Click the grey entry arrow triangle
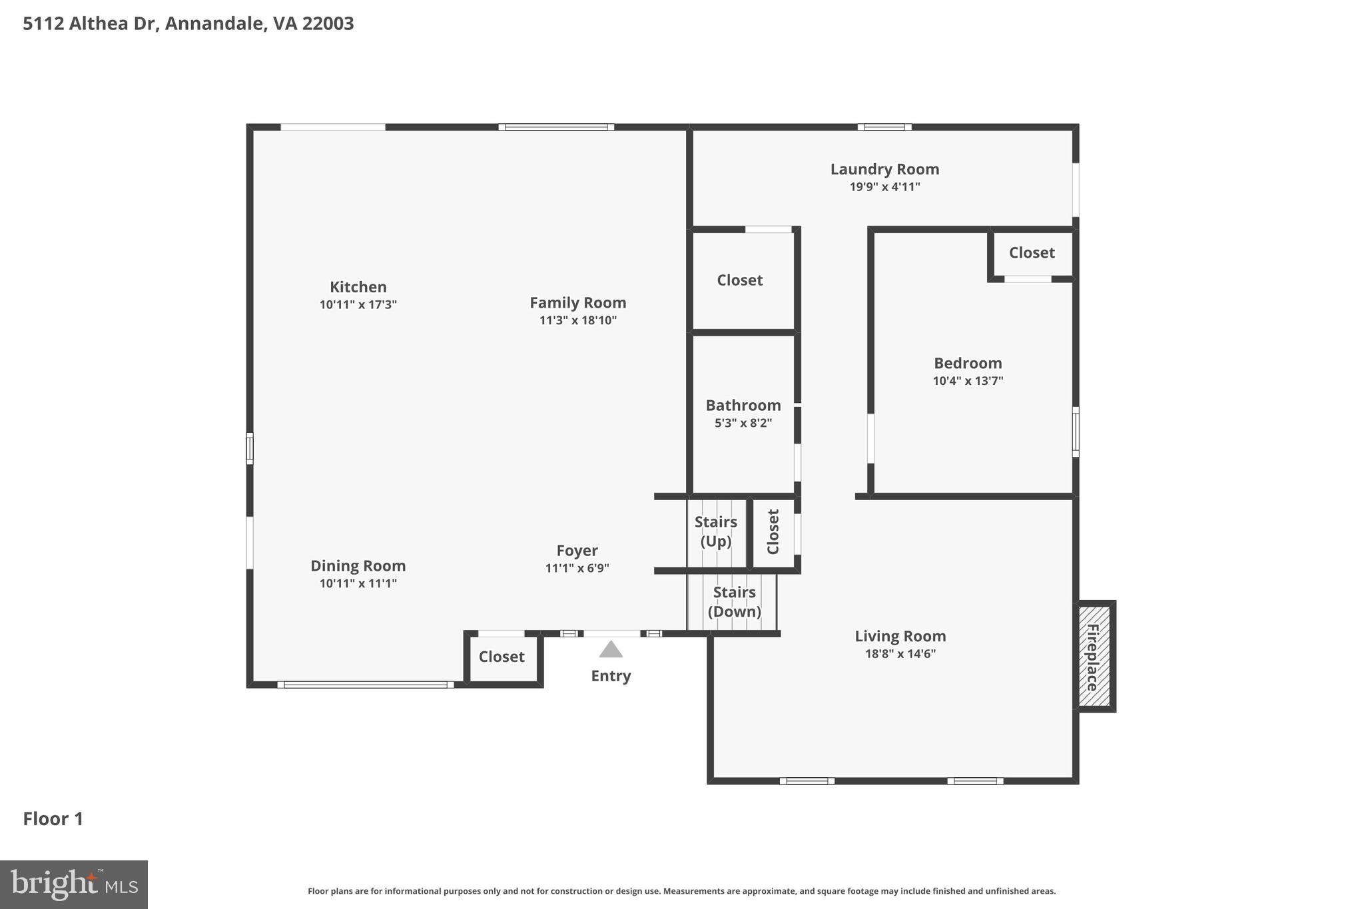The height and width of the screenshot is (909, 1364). point(611,649)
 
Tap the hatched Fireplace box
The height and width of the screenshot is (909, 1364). point(1094,656)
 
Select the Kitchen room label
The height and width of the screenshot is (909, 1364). point(358,287)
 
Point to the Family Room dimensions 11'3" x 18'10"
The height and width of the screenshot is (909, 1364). point(577,320)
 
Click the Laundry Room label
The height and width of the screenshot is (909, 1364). point(884,169)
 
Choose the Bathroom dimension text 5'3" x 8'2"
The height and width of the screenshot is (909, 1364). point(743,423)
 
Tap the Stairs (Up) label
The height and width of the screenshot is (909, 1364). point(716,531)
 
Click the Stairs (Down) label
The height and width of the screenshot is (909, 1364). point(734,601)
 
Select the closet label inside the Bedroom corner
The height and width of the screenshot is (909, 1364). point(1032,252)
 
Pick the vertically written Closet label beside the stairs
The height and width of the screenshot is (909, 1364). point(773,531)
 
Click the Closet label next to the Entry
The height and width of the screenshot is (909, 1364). point(502,657)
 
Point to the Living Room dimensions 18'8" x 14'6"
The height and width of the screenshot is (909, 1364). point(900,654)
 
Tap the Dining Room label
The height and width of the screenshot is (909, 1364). point(358,566)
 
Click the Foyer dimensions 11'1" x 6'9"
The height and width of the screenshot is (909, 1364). point(577,569)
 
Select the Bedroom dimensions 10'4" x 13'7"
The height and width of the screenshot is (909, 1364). point(968,381)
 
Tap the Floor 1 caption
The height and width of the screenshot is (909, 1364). point(53,818)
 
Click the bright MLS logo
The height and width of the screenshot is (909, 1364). point(74,884)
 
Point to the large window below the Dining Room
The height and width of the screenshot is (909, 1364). point(366,684)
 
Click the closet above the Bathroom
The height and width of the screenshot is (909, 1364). point(740,280)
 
